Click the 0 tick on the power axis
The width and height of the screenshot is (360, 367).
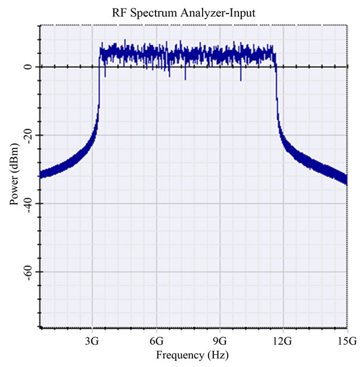point(27,67)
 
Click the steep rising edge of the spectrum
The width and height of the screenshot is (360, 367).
point(99,89)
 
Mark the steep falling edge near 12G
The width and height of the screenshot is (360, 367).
point(277,89)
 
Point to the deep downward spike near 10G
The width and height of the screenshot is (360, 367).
point(241,78)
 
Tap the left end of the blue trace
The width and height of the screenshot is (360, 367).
point(41,175)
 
